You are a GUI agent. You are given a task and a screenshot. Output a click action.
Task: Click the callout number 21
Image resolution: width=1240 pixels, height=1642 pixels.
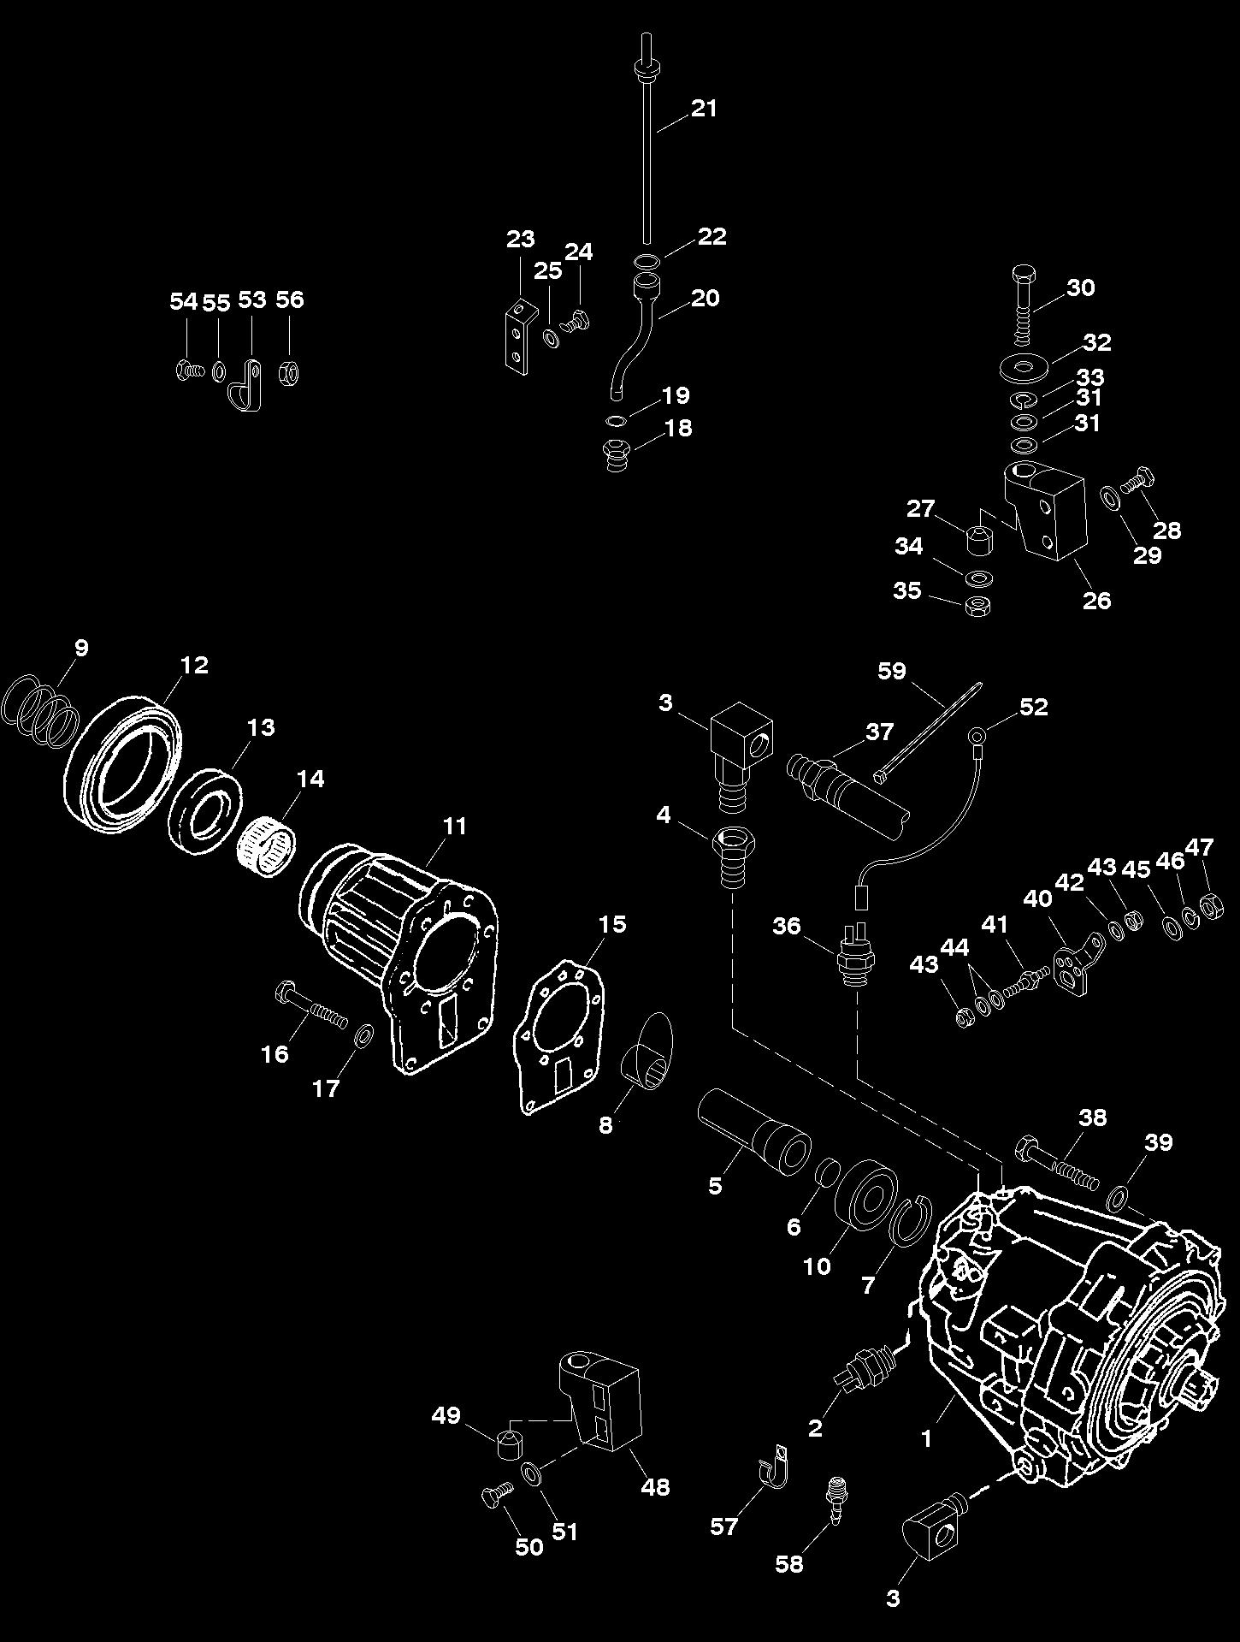[x=704, y=109]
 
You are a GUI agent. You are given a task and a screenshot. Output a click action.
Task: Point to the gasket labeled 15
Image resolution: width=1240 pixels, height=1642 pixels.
[x=560, y=1034]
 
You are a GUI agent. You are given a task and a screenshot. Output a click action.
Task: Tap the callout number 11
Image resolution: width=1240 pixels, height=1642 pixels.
[x=455, y=826]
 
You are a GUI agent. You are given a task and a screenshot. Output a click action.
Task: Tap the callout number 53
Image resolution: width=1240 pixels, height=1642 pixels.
[x=252, y=299]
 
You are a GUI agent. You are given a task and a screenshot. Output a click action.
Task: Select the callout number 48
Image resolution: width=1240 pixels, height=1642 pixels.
[x=656, y=1486]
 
